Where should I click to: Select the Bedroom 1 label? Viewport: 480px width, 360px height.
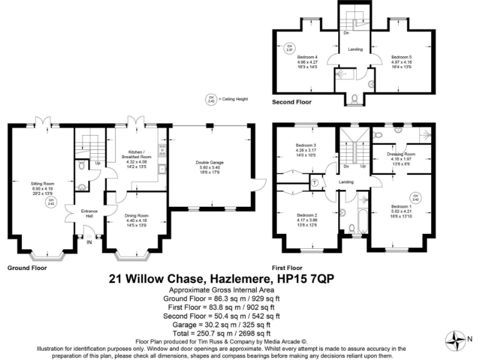coord(402,206)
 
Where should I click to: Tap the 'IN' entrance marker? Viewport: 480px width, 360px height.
coord(89,243)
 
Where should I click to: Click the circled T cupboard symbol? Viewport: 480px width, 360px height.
coord(315,183)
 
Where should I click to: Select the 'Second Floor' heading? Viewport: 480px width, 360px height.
coord(292,101)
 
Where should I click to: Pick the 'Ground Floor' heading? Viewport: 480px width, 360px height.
coord(27,267)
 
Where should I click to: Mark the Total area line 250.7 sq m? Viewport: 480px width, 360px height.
coord(220,332)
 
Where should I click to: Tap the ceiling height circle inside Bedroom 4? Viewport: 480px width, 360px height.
coord(289,47)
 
